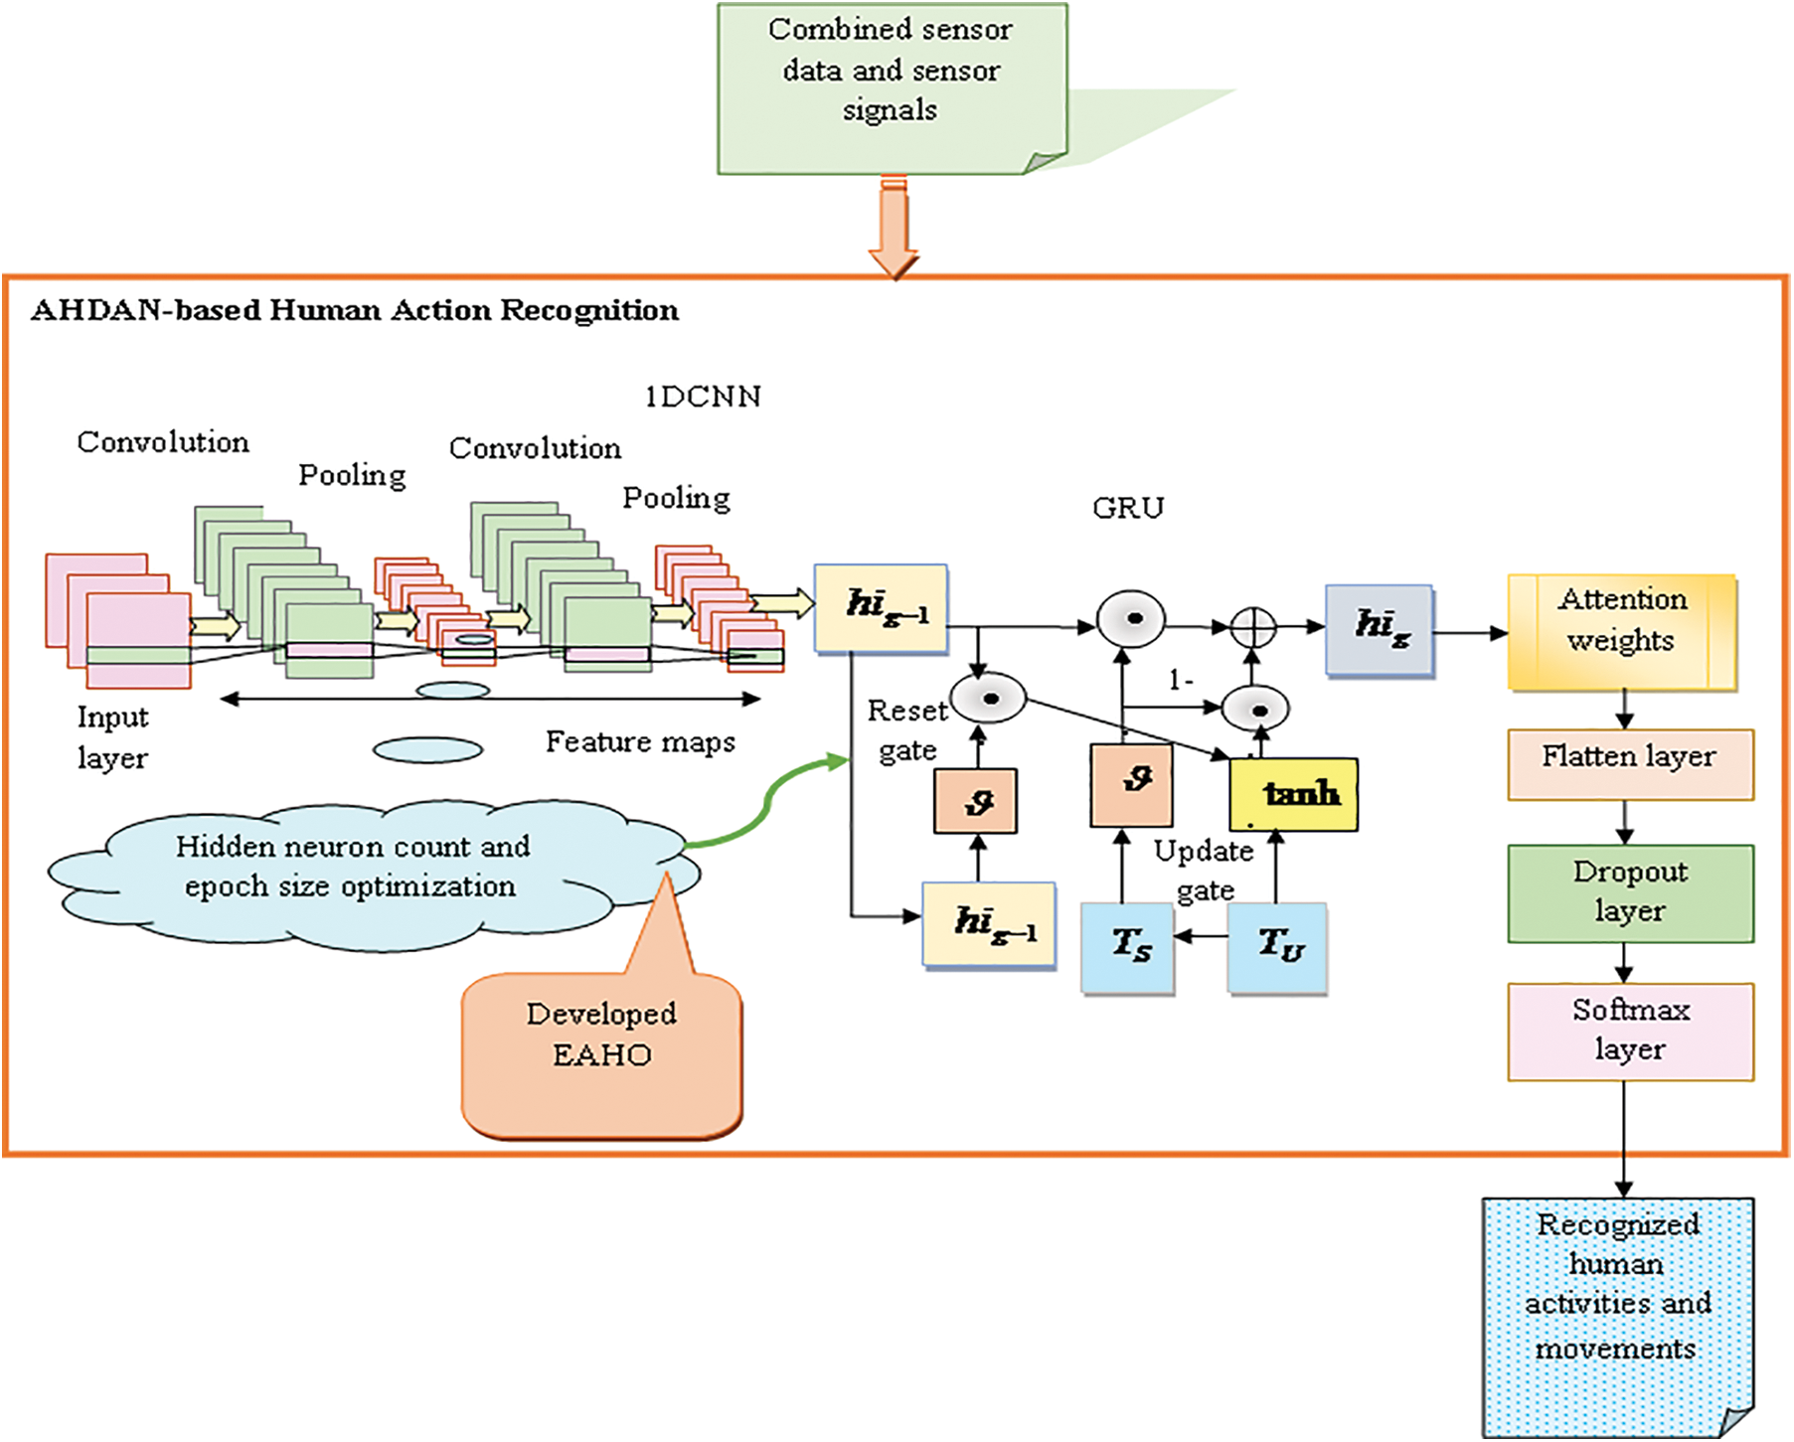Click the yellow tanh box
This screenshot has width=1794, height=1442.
point(1293,794)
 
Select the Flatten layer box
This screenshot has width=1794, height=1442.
point(1629,763)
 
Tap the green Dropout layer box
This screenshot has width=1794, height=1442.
point(1629,892)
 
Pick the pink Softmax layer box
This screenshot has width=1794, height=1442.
point(1629,1031)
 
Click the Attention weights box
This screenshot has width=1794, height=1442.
point(1621,631)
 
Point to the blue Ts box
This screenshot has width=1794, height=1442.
point(1127,947)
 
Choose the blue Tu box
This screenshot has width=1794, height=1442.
point(1277,947)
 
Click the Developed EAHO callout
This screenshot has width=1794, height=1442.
point(601,1053)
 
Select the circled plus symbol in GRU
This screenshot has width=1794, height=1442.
point(1252,627)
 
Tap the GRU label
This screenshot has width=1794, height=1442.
point(1127,508)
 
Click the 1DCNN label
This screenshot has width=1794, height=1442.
point(702,397)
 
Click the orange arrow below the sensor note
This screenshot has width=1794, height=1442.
point(894,229)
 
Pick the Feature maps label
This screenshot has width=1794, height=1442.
point(640,741)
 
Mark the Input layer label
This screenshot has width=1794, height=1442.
point(111,737)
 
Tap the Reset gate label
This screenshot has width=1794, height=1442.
point(906,730)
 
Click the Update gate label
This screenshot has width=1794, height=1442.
point(1204,871)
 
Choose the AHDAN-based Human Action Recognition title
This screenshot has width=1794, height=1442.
point(355,310)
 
